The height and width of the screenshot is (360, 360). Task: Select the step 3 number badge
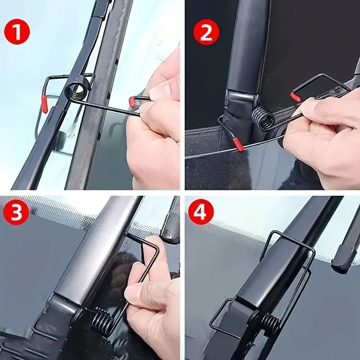[x=17, y=213]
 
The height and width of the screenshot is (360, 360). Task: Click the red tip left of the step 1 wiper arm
[x=45, y=104]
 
